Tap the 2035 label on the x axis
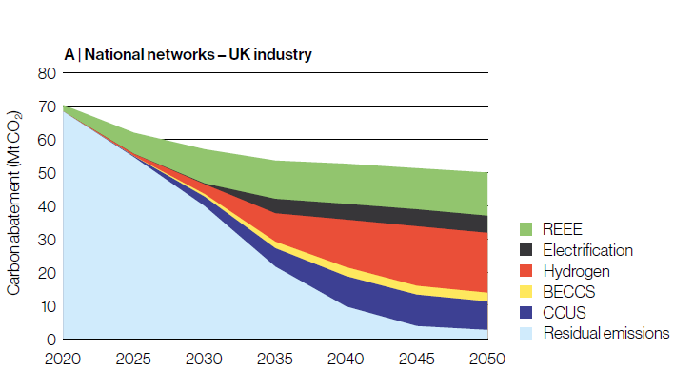(275, 359)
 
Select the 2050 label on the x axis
(487, 359)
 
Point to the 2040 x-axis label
(347, 359)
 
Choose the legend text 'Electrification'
(588, 250)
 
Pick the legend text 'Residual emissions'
(606, 333)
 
